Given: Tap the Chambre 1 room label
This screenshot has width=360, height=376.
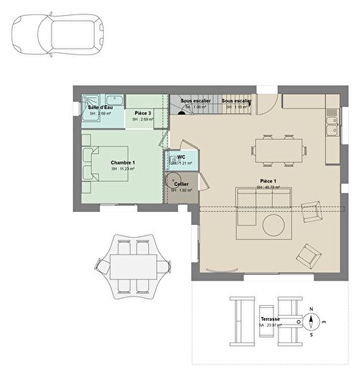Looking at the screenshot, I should point(122,163).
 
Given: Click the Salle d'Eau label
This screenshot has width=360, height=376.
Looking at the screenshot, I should point(101,107).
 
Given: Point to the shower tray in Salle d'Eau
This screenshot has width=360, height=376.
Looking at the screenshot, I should point(91,102).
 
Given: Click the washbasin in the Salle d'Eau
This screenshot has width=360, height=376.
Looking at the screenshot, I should point(115,100).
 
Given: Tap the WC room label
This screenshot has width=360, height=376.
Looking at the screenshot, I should point(181,156).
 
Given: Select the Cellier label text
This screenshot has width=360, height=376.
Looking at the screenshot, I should point(181,184).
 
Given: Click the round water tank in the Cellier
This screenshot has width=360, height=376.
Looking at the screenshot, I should point(173,180).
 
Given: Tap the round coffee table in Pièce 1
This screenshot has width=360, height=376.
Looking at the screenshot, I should point(273,226).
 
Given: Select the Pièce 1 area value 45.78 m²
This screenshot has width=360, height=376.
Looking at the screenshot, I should point(269,188).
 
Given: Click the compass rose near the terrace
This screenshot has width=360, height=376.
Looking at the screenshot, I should point(311,320).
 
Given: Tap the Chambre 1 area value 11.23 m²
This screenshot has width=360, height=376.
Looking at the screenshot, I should point(122,169).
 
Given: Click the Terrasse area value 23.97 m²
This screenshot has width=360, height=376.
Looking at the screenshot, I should point(270,326).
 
